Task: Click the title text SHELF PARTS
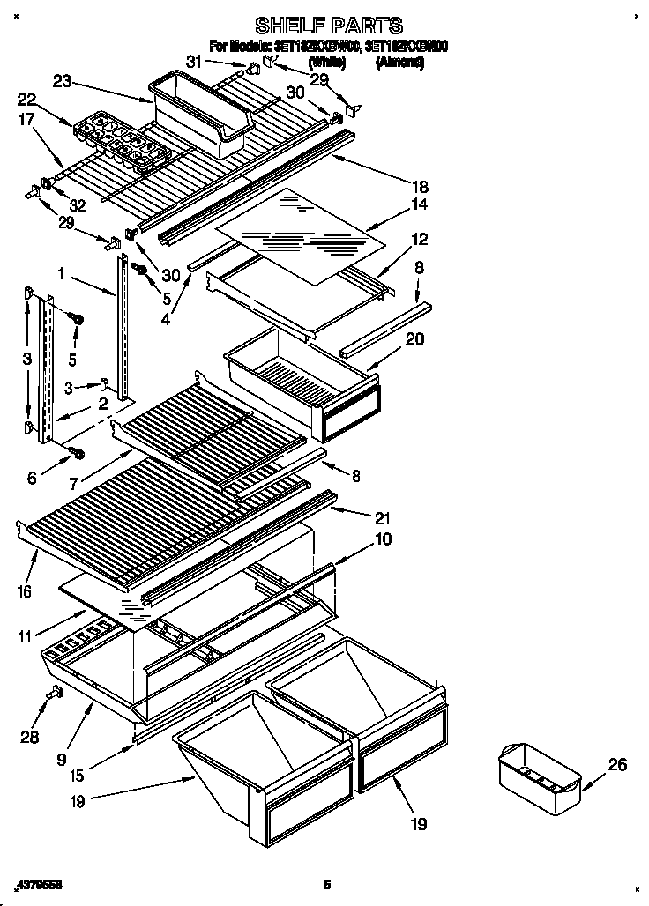coord(328,26)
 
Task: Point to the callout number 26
coord(617,764)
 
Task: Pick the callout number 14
coord(419,204)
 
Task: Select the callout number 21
coord(382,517)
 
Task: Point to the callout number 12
coord(419,239)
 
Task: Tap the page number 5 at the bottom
coord(326,883)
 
